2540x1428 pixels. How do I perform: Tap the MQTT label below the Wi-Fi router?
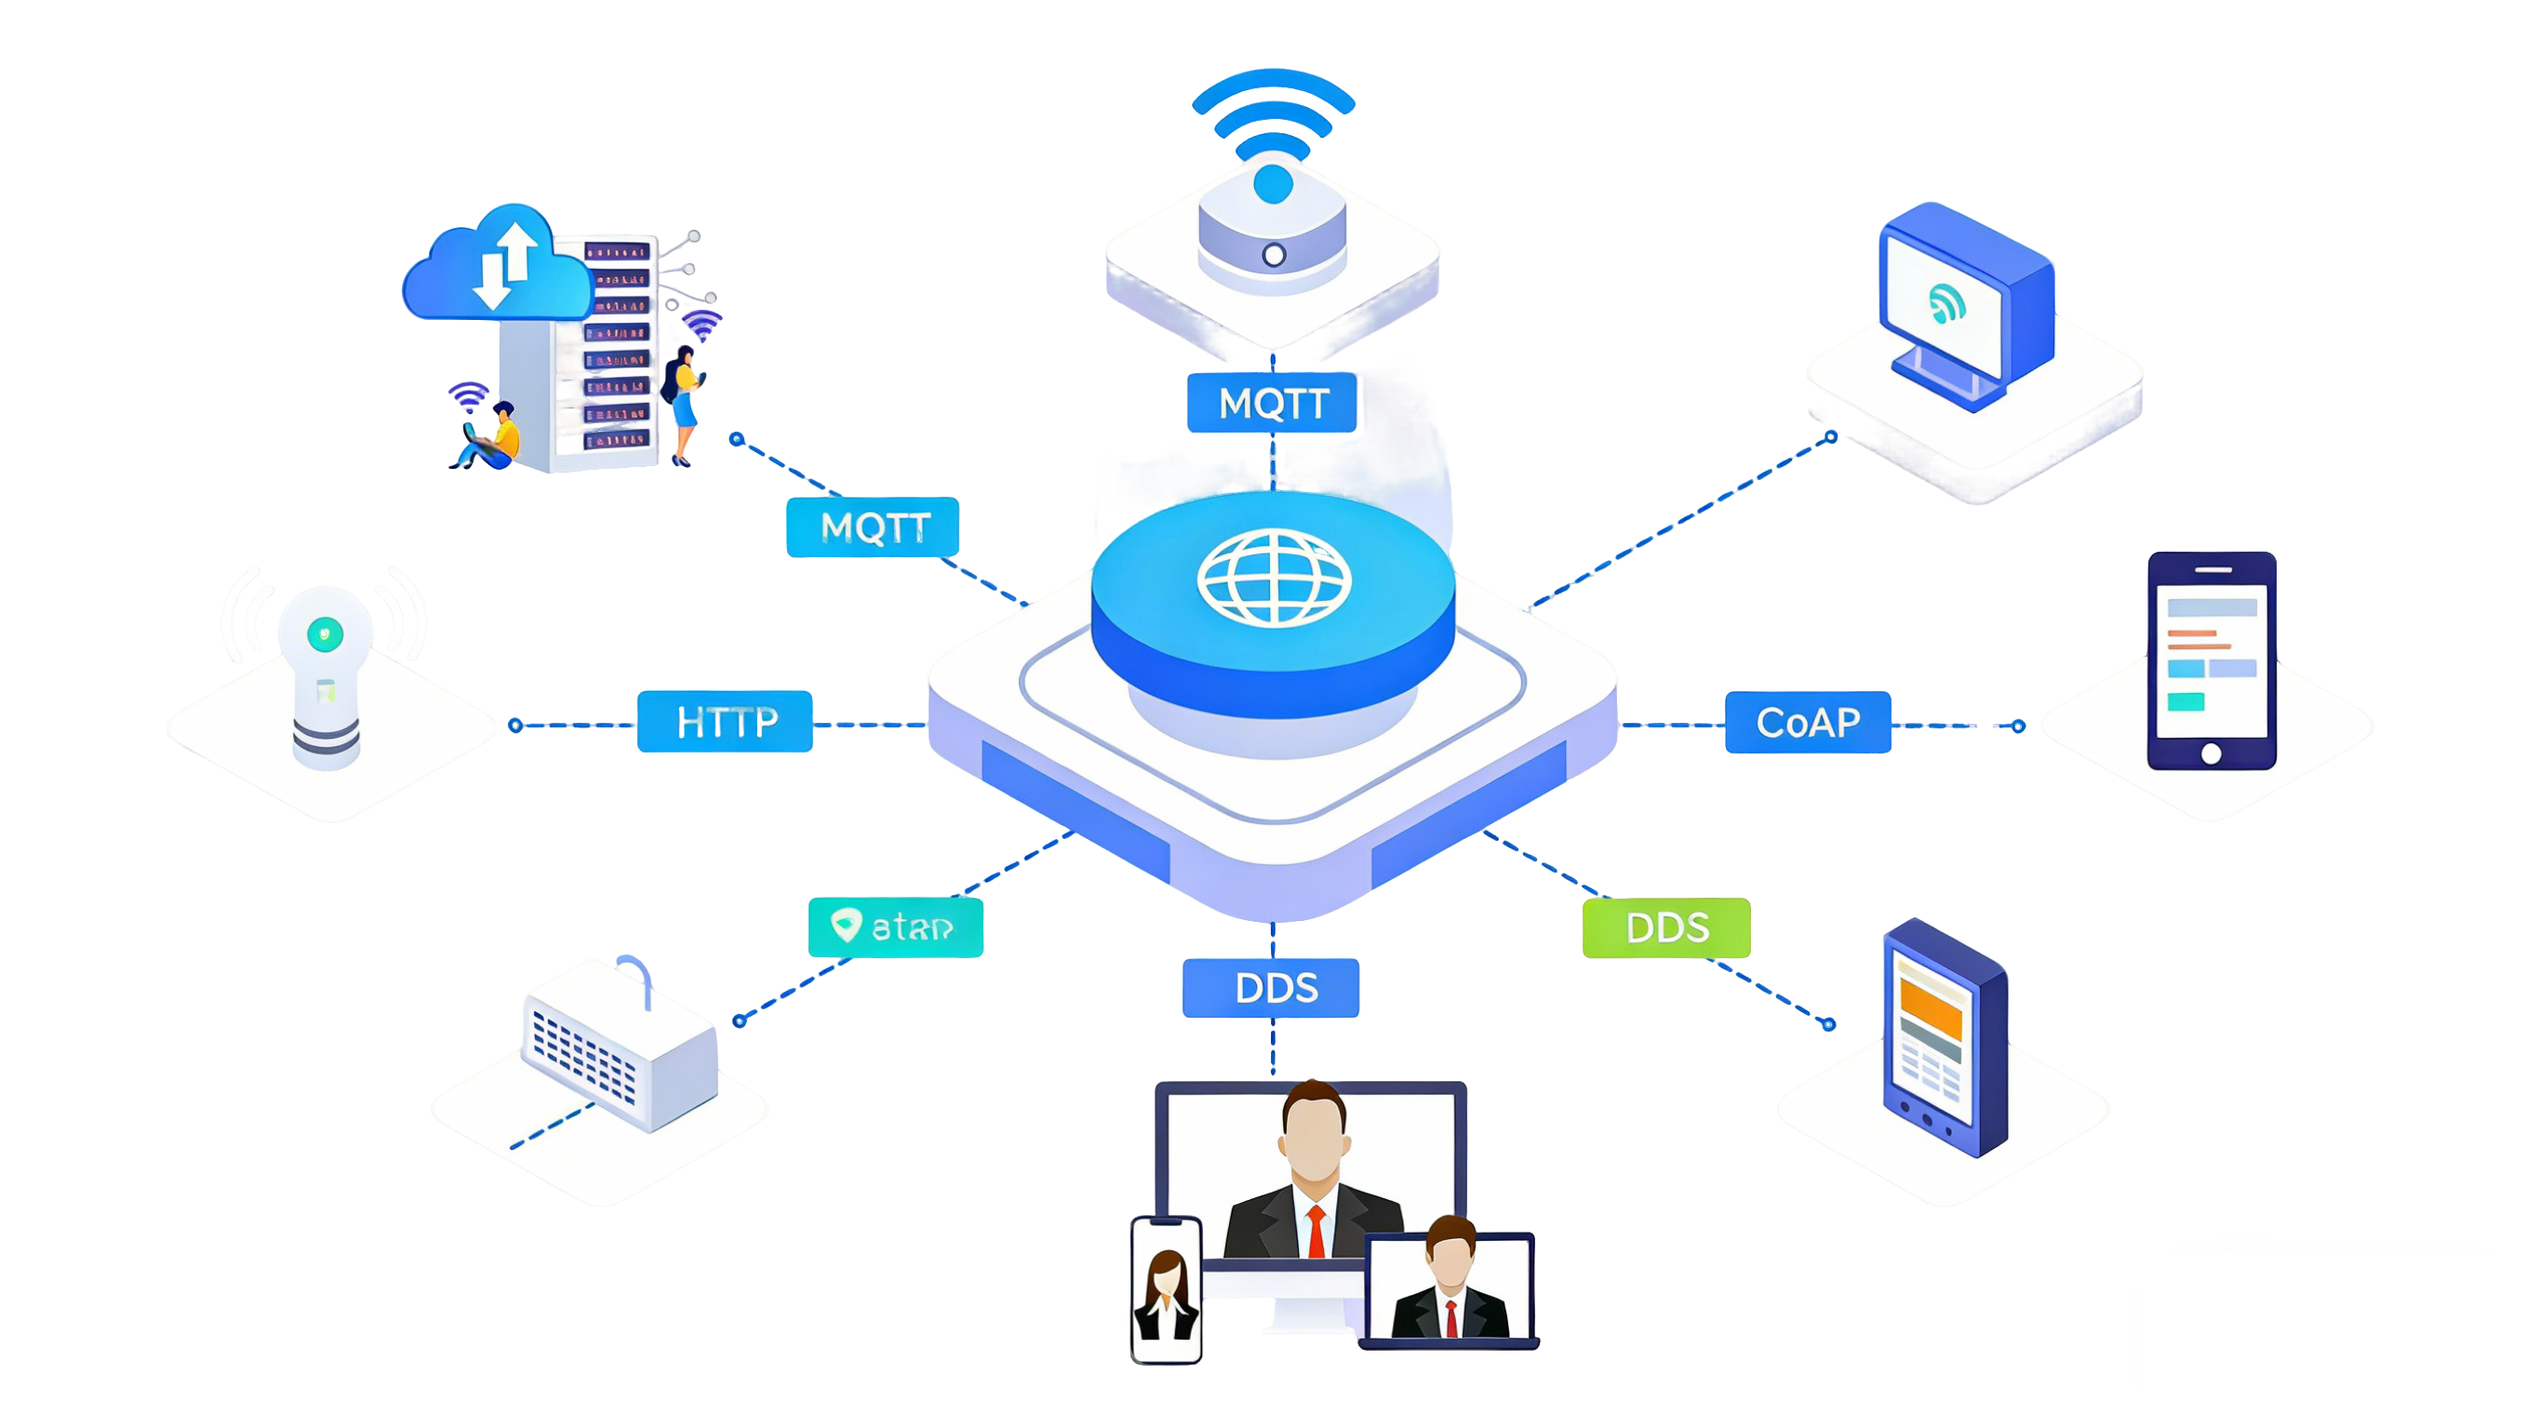tap(1272, 403)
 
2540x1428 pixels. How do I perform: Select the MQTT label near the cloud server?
tap(874, 527)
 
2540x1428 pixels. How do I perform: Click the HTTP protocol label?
tap(726, 722)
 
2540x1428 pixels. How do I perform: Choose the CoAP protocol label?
tap(1808, 722)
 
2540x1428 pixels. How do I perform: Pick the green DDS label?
tap(1667, 927)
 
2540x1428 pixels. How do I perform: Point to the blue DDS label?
tap(1273, 988)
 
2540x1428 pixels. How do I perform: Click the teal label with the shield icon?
tap(896, 927)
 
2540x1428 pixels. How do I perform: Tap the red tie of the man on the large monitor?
tap(1316, 1232)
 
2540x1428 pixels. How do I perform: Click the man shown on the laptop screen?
tap(1450, 1282)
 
